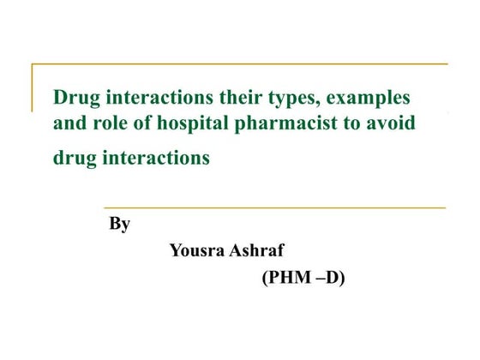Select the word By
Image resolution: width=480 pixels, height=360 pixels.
click(x=119, y=225)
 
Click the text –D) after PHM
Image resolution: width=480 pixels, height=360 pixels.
click(x=327, y=278)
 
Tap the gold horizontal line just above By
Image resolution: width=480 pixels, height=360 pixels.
click(x=274, y=207)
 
